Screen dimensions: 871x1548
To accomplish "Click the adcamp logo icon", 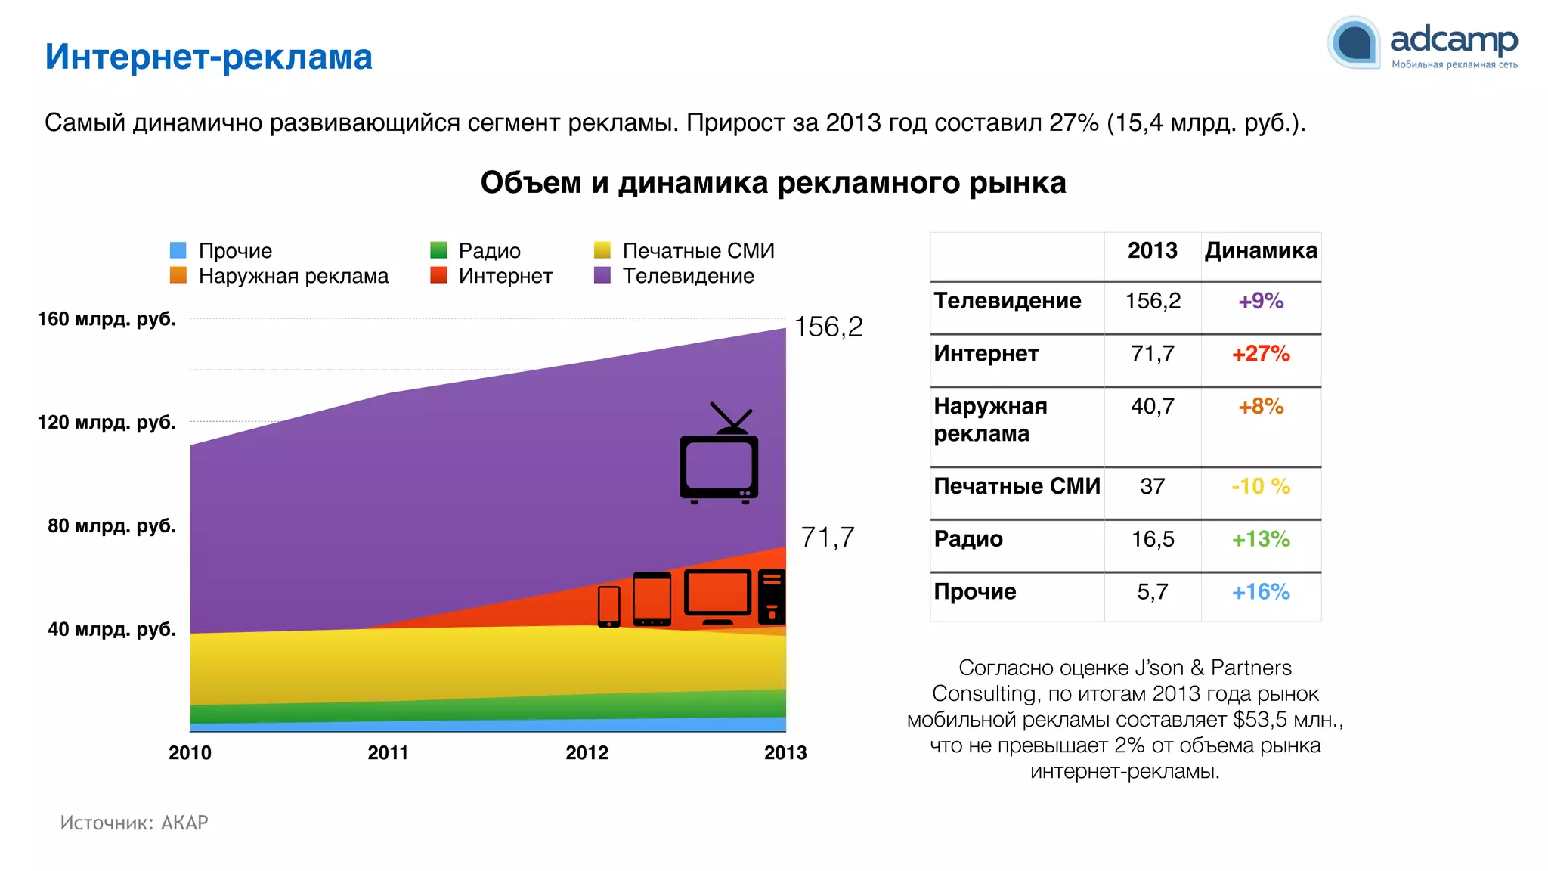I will [1354, 42].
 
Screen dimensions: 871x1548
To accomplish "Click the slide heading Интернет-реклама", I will [209, 57].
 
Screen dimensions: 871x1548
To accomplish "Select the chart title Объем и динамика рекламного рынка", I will [772, 183].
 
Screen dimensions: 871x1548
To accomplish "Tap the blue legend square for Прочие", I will [178, 250].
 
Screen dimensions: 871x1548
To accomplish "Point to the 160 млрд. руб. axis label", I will [107, 319].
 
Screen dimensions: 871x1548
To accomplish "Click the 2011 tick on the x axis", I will [388, 752].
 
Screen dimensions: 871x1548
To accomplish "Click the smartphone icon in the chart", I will [609, 606].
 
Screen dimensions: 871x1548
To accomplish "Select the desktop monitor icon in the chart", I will [717, 595].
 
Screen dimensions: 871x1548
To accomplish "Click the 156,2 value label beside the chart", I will [828, 327].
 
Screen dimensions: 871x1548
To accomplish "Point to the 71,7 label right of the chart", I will [827, 538].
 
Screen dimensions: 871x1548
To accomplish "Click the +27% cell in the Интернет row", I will [1260, 354].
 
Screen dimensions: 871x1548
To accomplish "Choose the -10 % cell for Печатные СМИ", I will [1260, 486].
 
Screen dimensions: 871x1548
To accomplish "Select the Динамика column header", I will [1260, 250].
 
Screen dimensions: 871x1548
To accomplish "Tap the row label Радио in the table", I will [968, 539].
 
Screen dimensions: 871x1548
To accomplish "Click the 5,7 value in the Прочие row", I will [1152, 592].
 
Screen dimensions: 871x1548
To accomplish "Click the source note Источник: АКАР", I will [135, 823].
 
